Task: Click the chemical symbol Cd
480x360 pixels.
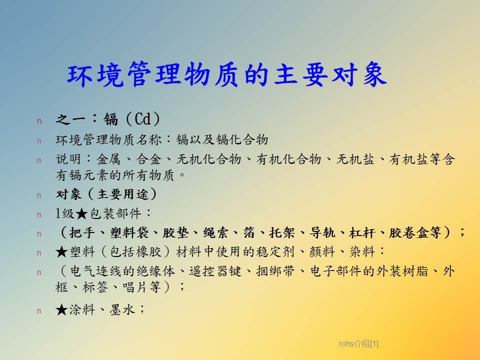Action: [x=142, y=119]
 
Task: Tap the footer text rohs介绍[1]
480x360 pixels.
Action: [x=358, y=344]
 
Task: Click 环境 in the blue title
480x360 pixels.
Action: [x=95, y=74]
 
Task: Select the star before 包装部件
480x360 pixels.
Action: [x=81, y=213]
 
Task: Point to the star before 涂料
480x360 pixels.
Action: [x=61, y=310]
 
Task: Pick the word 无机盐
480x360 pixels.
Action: [x=355, y=159]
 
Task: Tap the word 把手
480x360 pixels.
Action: [x=81, y=232]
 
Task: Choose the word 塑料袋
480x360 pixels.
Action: [x=129, y=232]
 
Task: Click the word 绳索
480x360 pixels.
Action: [x=216, y=232]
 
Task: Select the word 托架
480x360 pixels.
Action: [x=281, y=232]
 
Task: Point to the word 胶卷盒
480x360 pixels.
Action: [x=408, y=232]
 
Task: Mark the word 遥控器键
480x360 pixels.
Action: [x=215, y=271]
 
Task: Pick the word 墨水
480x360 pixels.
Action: [x=122, y=310]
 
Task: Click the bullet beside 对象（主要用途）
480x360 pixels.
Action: [x=39, y=195]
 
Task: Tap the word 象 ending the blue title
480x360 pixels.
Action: [x=374, y=74]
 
